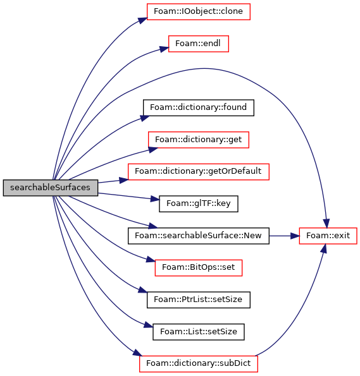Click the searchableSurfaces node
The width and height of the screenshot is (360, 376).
tap(51, 188)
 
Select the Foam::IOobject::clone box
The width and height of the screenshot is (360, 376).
tap(199, 11)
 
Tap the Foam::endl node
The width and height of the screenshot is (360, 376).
tap(199, 44)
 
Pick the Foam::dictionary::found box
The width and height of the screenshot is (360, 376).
tap(199, 107)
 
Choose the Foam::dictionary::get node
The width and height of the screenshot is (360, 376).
tap(199, 140)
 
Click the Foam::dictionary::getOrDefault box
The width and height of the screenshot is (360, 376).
tap(199, 172)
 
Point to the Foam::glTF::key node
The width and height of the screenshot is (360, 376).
tap(199, 204)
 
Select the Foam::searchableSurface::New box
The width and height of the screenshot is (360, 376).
tap(199, 236)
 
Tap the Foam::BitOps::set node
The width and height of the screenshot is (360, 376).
tap(199, 268)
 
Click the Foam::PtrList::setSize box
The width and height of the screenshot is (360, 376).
tap(199, 300)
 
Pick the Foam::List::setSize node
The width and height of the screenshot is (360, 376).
tap(199, 332)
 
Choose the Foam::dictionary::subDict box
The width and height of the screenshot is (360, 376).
tap(199, 364)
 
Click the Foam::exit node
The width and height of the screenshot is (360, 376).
tap(328, 236)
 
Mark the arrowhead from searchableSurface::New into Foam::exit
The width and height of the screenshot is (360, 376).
tap(295, 236)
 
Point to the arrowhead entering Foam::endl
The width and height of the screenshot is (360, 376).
tap(164, 49)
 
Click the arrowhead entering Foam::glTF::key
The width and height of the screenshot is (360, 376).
tap(155, 199)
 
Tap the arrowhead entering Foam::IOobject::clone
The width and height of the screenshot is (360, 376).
tap(142, 20)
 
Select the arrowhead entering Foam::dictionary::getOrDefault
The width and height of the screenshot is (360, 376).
tap(124, 180)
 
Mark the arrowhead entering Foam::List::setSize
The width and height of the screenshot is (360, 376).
tap(149, 325)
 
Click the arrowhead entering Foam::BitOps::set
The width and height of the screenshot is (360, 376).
tap(151, 260)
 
